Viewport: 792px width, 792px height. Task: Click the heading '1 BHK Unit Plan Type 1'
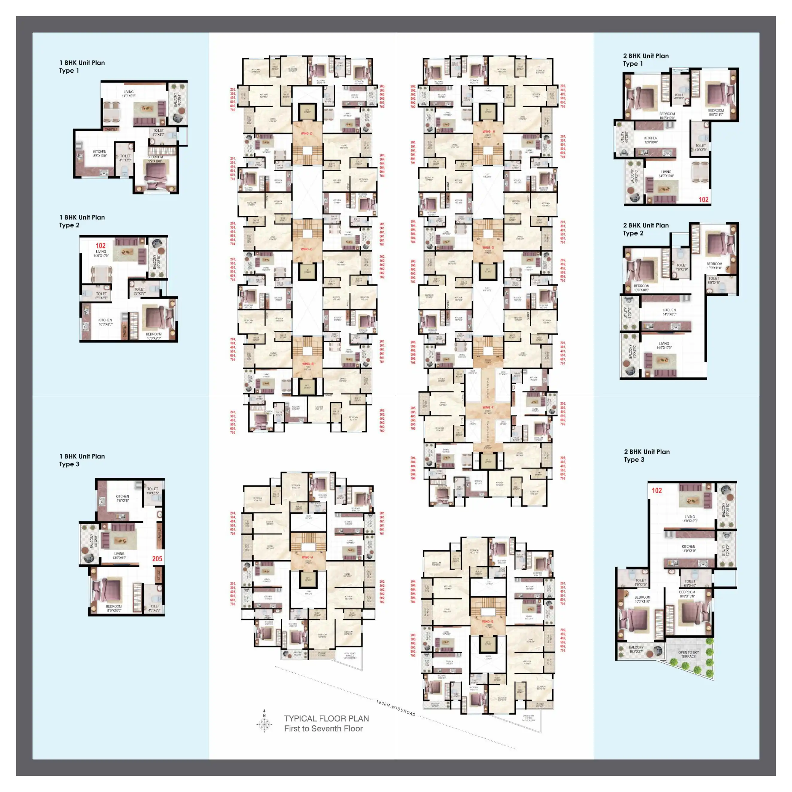[82, 66]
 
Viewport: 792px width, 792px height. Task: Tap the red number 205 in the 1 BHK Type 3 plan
[157, 558]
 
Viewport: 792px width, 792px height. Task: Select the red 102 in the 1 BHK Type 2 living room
[101, 245]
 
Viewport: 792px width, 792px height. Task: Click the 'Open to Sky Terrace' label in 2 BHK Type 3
[688, 654]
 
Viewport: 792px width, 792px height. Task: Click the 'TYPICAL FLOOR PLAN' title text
[326, 718]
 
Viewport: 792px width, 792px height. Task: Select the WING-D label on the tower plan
[307, 133]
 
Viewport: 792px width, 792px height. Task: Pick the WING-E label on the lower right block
[487, 621]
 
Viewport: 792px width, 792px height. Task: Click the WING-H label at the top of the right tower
[488, 132]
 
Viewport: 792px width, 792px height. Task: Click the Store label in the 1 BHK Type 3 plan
[159, 575]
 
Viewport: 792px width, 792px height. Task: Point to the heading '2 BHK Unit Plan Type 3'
[647, 456]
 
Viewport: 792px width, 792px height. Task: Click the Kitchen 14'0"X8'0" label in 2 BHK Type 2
[669, 312]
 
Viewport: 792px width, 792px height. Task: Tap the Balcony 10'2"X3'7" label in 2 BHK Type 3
[636, 649]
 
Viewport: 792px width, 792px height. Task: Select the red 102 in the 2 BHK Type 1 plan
[703, 200]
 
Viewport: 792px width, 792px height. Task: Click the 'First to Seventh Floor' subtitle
[324, 729]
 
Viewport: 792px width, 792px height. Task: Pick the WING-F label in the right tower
[487, 407]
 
